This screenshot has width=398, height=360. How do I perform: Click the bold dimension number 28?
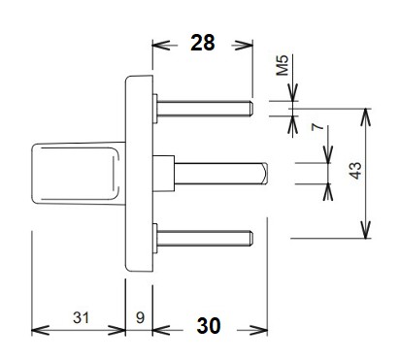pyautogui.click(x=203, y=43)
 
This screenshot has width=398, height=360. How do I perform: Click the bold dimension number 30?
pyautogui.click(x=209, y=326)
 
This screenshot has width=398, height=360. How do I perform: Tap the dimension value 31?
pyautogui.click(x=81, y=317)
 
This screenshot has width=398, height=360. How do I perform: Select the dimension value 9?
pyautogui.click(x=140, y=317)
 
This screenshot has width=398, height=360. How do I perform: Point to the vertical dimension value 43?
pyautogui.click(x=355, y=171)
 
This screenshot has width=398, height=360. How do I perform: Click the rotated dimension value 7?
pyautogui.click(x=317, y=126)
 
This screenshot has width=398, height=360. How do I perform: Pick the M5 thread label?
pyautogui.click(x=282, y=65)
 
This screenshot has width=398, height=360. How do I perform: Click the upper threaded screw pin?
pyautogui.click(x=205, y=109)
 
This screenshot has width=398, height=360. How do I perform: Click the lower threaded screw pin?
pyautogui.click(x=205, y=239)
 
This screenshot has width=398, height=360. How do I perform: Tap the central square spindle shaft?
pyautogui.click(x=221, y=174)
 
